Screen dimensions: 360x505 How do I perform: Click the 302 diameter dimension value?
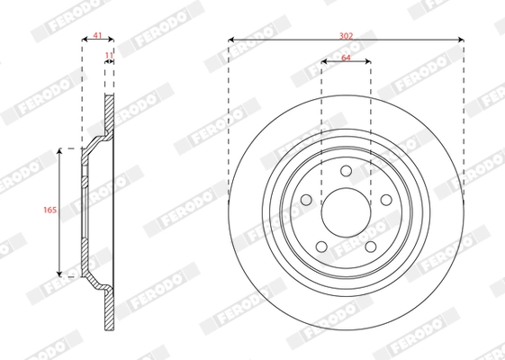(347, 34)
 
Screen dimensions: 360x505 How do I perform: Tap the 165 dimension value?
(50, 211)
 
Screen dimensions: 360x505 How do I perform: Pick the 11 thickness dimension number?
(109, 56)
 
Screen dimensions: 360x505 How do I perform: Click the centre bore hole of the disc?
(346, 211)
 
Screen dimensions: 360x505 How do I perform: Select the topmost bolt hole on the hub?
(346, 174)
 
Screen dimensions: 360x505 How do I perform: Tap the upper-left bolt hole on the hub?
(305, 199)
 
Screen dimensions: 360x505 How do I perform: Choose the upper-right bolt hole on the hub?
(386, 199)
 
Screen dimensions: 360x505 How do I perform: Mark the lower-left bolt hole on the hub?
(321, 246)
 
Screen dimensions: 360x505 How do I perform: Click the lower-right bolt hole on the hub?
(371, 246)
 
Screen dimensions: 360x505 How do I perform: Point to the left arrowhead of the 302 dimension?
(231, 40)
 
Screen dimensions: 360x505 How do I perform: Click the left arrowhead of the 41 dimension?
(85, 40)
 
